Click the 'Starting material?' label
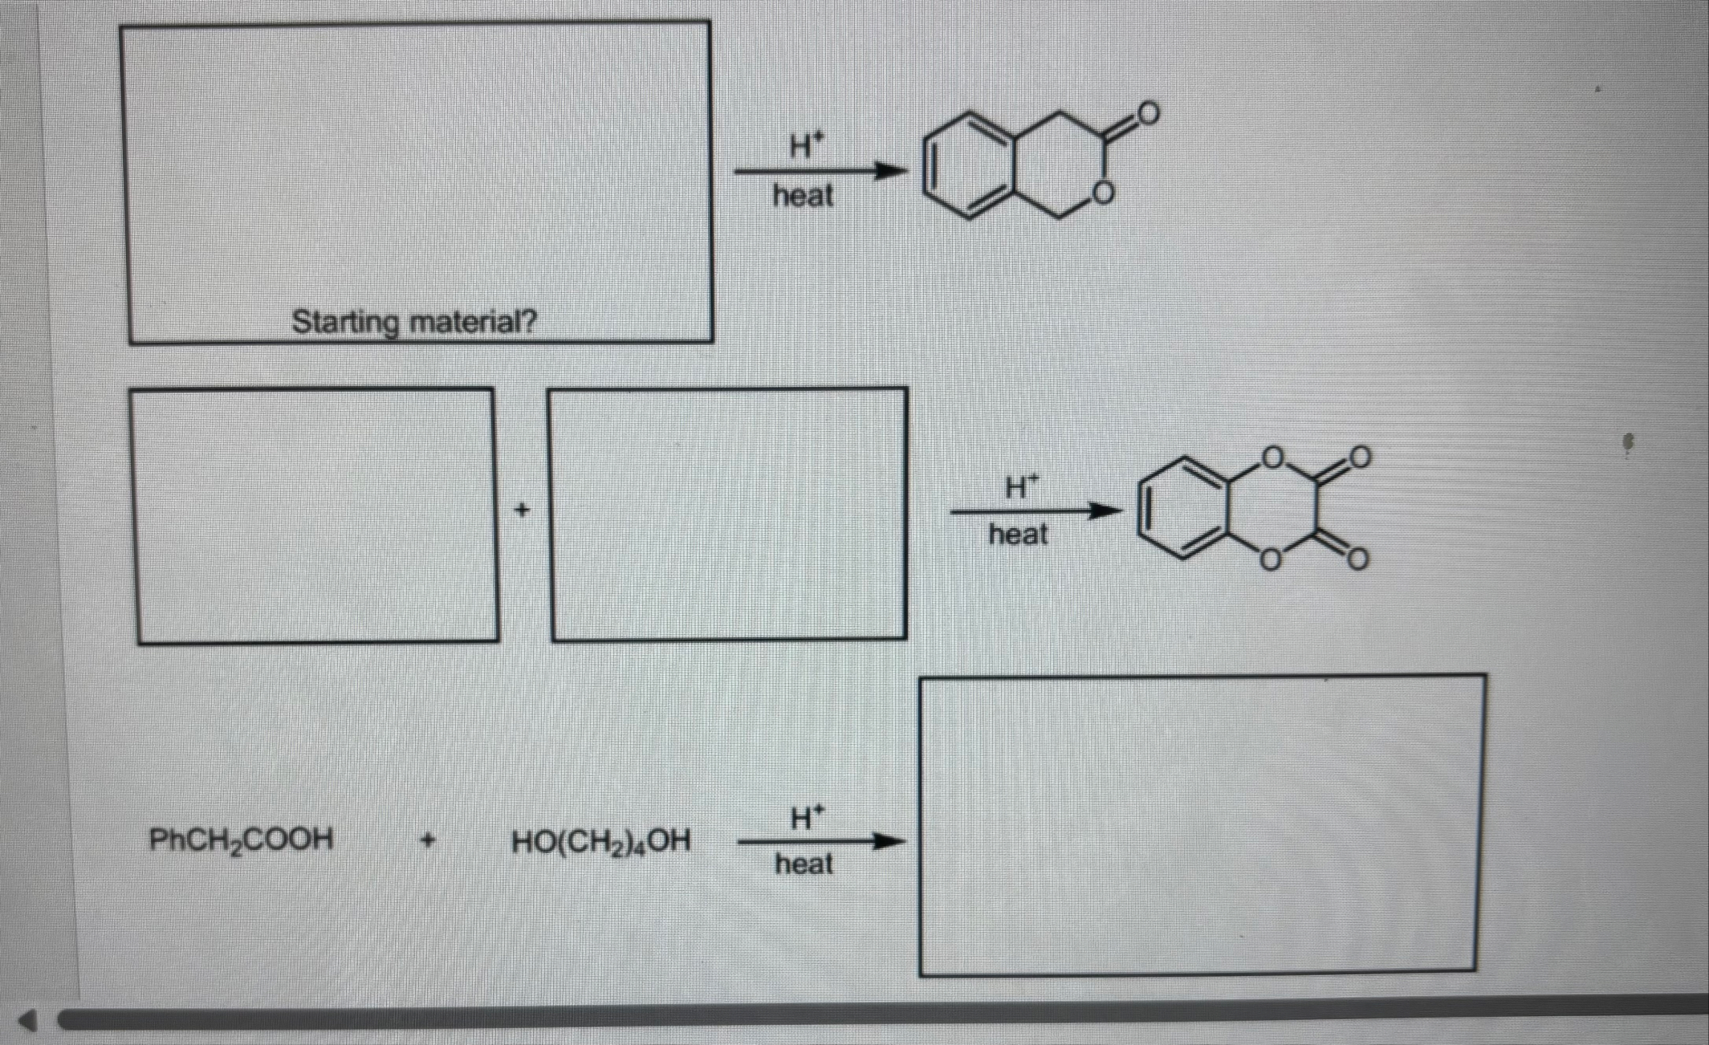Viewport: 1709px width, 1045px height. click(413, 323)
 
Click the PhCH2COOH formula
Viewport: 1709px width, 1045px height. click(241, 840)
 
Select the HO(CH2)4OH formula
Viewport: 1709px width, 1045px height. click(600, 842)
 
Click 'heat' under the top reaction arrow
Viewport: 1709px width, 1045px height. click(803, 196)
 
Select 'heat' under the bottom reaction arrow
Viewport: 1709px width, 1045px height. click(804, 864)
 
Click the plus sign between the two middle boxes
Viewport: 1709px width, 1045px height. click(523, 510)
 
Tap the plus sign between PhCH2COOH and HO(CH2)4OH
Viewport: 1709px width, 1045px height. click(429, 841)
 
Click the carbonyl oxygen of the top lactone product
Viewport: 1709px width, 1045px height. click(1148, 113)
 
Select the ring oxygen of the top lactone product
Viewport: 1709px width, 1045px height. click(1105, 193)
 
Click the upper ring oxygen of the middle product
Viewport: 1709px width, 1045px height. click(1272, 457)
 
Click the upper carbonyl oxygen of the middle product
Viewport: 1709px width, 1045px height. click(1359, 457)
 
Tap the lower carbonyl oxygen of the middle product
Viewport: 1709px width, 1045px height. click(1357, 559)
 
